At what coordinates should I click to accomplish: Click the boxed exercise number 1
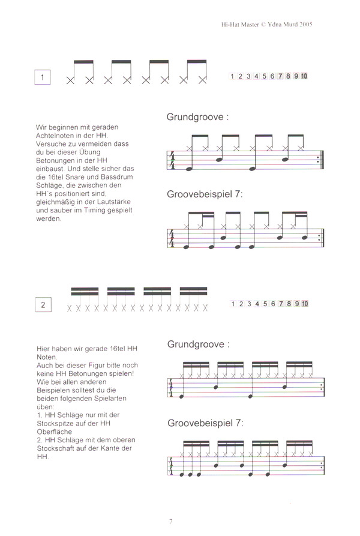(43, 78)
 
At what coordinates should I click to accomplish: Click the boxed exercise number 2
(43, 306)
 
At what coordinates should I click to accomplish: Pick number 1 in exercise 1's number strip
(233, 76)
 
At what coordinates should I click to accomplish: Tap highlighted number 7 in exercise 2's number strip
(281, 304)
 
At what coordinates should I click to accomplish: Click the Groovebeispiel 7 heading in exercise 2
(205, 423)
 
